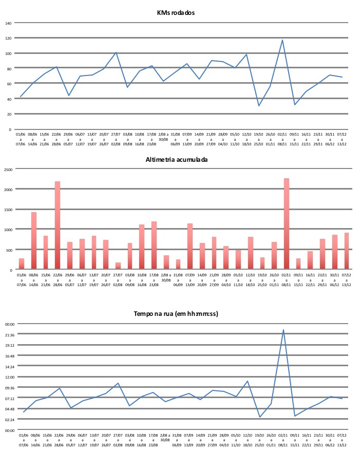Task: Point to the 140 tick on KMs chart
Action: [x=8, y=23]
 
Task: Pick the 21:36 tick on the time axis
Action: [x=10, y=335]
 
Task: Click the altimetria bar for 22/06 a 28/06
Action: [x=58, y=225]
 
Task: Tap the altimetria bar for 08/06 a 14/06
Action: [x=34, y=240]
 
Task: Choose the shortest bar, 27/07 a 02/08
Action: [x=118, y=266]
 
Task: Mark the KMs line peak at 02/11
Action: [x=282, y=40]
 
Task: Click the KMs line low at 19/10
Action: [x=259, y=106]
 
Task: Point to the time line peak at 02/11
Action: [x=283, y=330]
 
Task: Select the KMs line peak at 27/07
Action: [x=116, y=52]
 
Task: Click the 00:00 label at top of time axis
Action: [x=10, y=324]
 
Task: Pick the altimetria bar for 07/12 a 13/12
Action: [x=346, y=251]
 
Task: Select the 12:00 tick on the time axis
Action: [x=10, y=377]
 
